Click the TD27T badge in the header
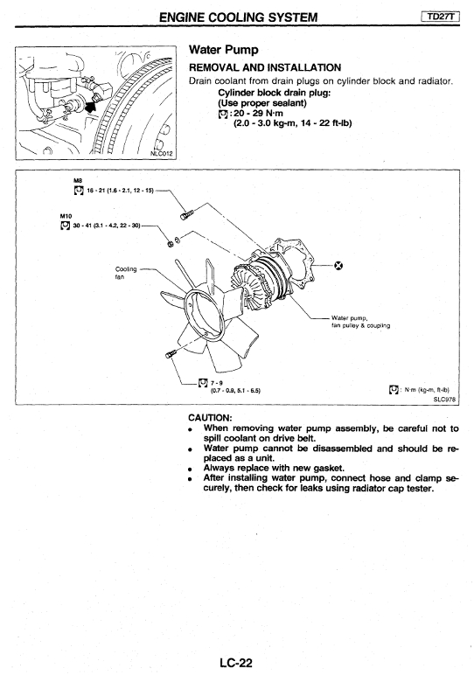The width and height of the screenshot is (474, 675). point(440,17)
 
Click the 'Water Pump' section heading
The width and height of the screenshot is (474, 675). point(223,50)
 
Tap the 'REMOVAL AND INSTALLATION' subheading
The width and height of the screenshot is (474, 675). point(265,67)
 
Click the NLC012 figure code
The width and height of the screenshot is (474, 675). point(162,153)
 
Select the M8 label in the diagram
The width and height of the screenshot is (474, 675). point(78,181)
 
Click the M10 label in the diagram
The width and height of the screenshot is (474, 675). point(66,216)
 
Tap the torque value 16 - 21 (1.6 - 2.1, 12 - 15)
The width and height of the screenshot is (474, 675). point(120,191)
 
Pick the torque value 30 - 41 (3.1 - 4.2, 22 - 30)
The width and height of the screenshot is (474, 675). point(107,225)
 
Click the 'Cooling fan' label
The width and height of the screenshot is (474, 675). point(126,273)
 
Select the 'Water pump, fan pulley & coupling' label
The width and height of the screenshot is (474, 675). point(361,322)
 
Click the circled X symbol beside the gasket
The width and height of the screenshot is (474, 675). point(338,266)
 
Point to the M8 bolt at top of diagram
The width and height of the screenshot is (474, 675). point(187,213)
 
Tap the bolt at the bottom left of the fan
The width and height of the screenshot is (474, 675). point(171,353)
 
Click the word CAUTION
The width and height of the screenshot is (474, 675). point(210,418)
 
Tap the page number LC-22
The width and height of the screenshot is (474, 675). point(236,663)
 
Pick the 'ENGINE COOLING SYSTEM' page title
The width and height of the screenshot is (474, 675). point(238,17)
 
